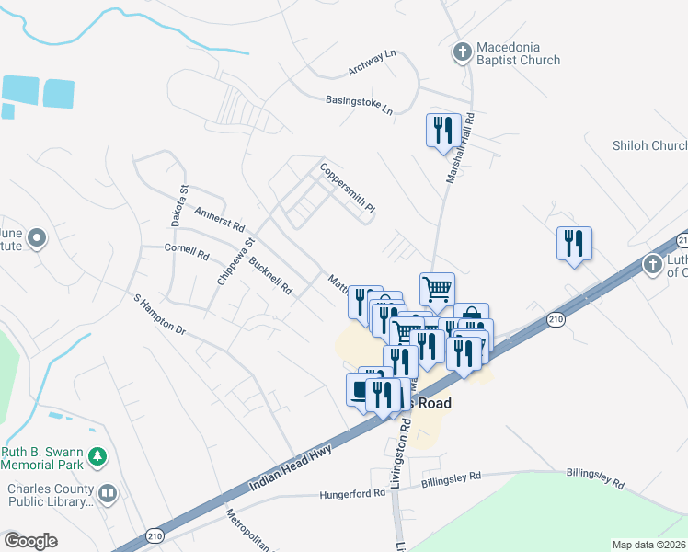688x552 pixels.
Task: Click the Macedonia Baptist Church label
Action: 518,53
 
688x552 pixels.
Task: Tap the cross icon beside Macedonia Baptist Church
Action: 463,52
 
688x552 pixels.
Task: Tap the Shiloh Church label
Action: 649,145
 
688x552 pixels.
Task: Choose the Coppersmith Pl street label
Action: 348,189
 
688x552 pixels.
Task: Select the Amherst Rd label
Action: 220,218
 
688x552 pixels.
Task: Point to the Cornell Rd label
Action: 187,250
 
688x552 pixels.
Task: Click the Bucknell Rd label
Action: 270,273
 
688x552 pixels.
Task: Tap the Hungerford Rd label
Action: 352,494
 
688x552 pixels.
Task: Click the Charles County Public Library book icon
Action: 108,494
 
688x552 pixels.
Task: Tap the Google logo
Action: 30,541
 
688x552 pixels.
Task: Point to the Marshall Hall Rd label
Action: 460,147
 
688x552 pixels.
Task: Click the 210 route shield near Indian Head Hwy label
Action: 154,533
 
